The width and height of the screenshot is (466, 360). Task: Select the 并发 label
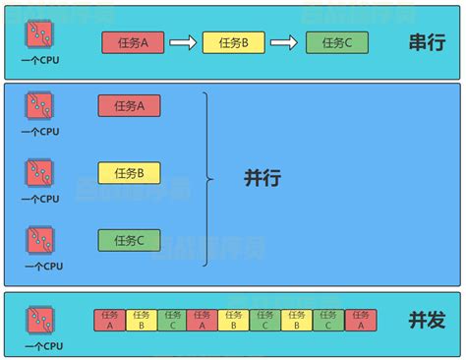(x=428, y=321)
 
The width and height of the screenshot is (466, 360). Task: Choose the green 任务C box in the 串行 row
(x=336, y=42)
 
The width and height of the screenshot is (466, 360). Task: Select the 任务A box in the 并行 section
(x=129, y=106)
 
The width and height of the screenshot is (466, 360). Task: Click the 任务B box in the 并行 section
(x=129, y=173)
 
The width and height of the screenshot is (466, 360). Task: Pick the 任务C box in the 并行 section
(x=129, y=240)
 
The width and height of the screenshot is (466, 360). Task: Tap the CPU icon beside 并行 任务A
(x=40, y=106)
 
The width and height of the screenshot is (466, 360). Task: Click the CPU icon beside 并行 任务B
(x=40, y=173)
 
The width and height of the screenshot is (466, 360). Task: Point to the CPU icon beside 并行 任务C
(x=40, y=240)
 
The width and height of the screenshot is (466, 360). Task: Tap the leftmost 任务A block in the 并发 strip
(x=109, y=320)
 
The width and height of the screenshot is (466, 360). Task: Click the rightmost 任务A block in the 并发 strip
(x=360, y=320)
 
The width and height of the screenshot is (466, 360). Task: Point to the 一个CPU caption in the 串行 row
(x=41, y=61)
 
